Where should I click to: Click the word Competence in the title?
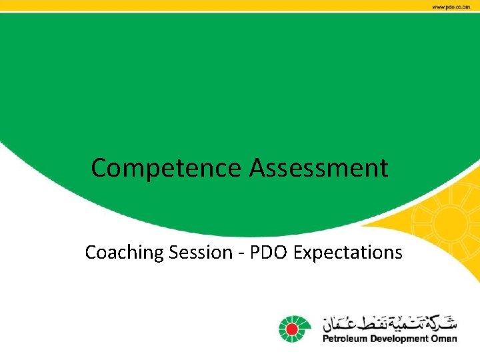(x=167, y=168)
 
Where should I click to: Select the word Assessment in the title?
(x=319, y=168)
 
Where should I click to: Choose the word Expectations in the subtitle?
(x=348, y=253)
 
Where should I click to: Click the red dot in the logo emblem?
(x=291, y=327)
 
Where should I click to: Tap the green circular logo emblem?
(x=291, y=327)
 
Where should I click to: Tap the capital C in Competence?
(x=99, y=168)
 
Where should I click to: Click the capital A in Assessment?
(x=258, y=168)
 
